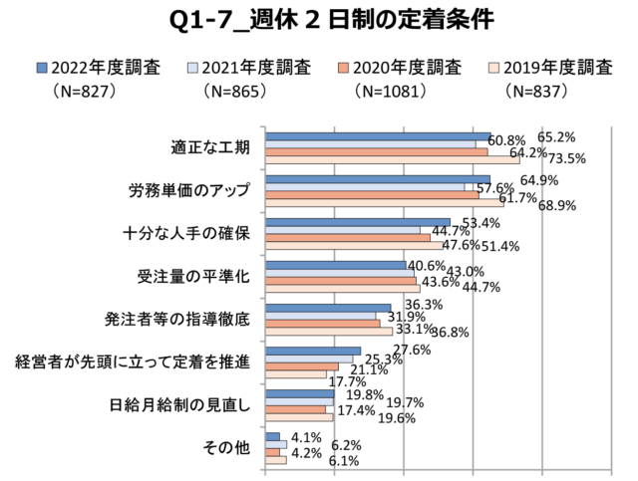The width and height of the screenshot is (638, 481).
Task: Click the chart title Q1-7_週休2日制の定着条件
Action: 319,19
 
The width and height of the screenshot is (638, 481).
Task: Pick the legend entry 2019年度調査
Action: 551,68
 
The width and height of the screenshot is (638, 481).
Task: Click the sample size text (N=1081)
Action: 391,91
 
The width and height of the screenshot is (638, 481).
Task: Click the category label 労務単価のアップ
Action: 188,190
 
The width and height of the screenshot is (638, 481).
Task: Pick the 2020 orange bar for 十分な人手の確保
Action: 348,237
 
